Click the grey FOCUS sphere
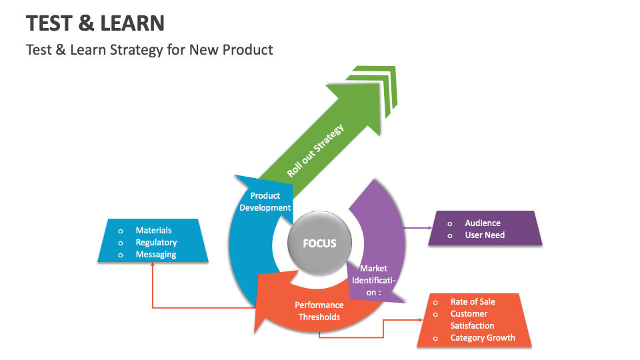pos(319,243)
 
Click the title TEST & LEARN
pos(95,23)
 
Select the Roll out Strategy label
pos(315,150)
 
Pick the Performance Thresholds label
pos(319,311)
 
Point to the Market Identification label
pos(373,280)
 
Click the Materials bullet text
pos(153,231)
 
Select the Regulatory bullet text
pos(156,243)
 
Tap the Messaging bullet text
pos(156,255)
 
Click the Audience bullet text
pos(483,223)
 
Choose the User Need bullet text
pos(485,235)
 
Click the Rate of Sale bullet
pos(473,302)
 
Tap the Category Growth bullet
pos(483,338)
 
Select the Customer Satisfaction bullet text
pos(472,320)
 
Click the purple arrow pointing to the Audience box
pos(419,228)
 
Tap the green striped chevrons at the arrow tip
pos(377,87)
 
